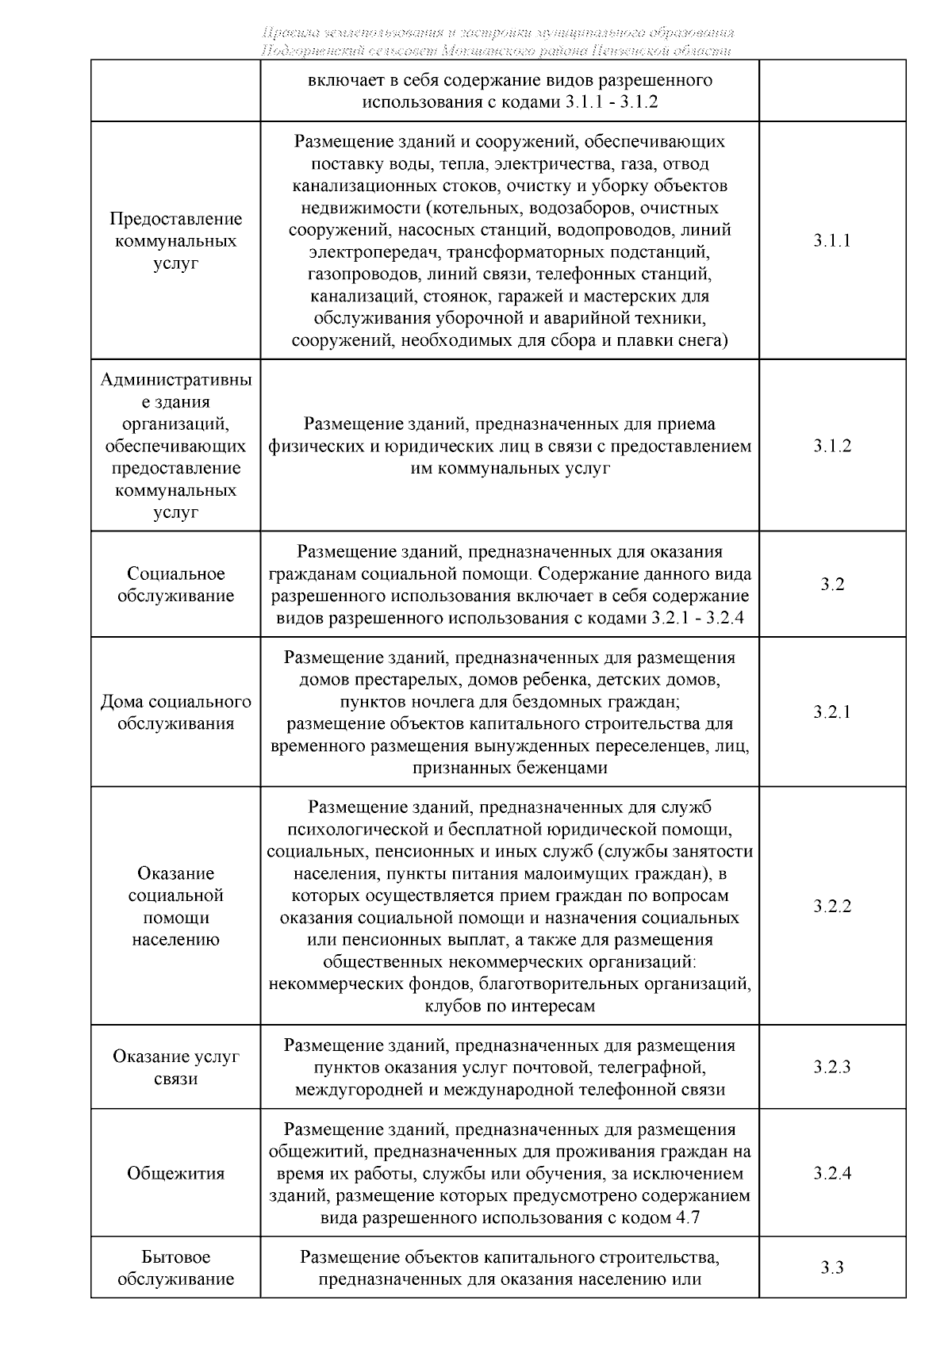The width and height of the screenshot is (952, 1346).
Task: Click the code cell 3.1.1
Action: click(x=831, y=241)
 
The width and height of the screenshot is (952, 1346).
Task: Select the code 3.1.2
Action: click(x=831, y=446)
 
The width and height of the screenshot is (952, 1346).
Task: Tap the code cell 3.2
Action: click(x=831, y=585)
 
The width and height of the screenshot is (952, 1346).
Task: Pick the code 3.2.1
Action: click(x=831, y=712)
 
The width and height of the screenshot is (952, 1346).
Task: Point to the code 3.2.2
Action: click(x=831, y=907)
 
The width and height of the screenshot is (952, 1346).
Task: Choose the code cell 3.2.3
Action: click(x=831, y=1068)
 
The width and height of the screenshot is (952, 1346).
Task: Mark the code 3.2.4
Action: click(x=831, y=1174)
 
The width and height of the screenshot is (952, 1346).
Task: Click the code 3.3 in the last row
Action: click(x=831, y=1268)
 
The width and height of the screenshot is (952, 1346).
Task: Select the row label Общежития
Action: click(x=175, y=1174)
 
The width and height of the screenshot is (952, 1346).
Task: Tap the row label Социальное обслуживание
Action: click(x=175, y=585)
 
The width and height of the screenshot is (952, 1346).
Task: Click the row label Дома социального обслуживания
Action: click(x=175, y=712)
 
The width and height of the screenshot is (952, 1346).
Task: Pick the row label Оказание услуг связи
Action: click(x=175, y=1068)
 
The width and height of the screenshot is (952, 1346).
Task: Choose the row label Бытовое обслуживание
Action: click(x=175, y=1268)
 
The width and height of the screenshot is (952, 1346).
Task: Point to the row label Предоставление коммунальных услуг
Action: click(x=175, y=241)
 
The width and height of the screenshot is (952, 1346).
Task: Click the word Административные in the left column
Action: click(x=175, y=380)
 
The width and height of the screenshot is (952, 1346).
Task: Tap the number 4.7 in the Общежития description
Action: click(x=685, y=1218)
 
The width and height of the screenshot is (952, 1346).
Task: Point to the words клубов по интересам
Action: click(x=509, y=1007)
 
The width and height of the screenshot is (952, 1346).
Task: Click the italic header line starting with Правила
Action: click(x=497, y=33)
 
